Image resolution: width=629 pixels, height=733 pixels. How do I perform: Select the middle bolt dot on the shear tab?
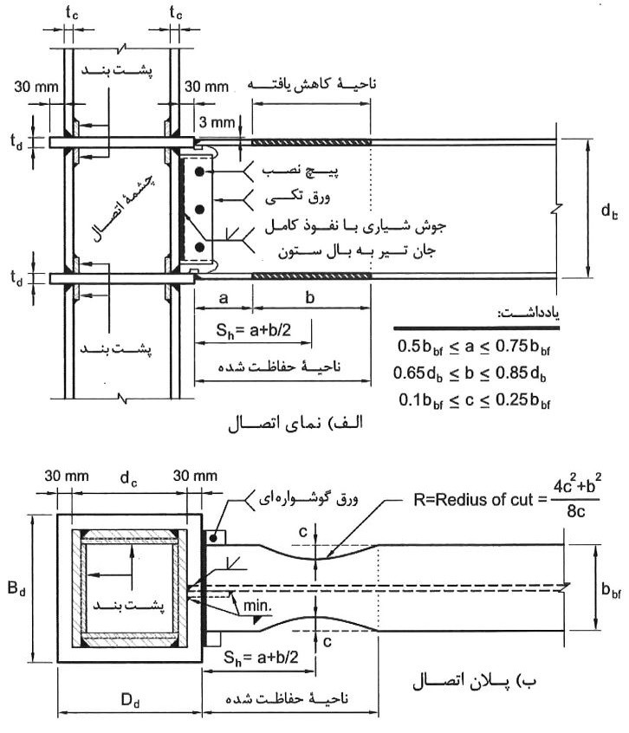[x=200, y=210]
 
